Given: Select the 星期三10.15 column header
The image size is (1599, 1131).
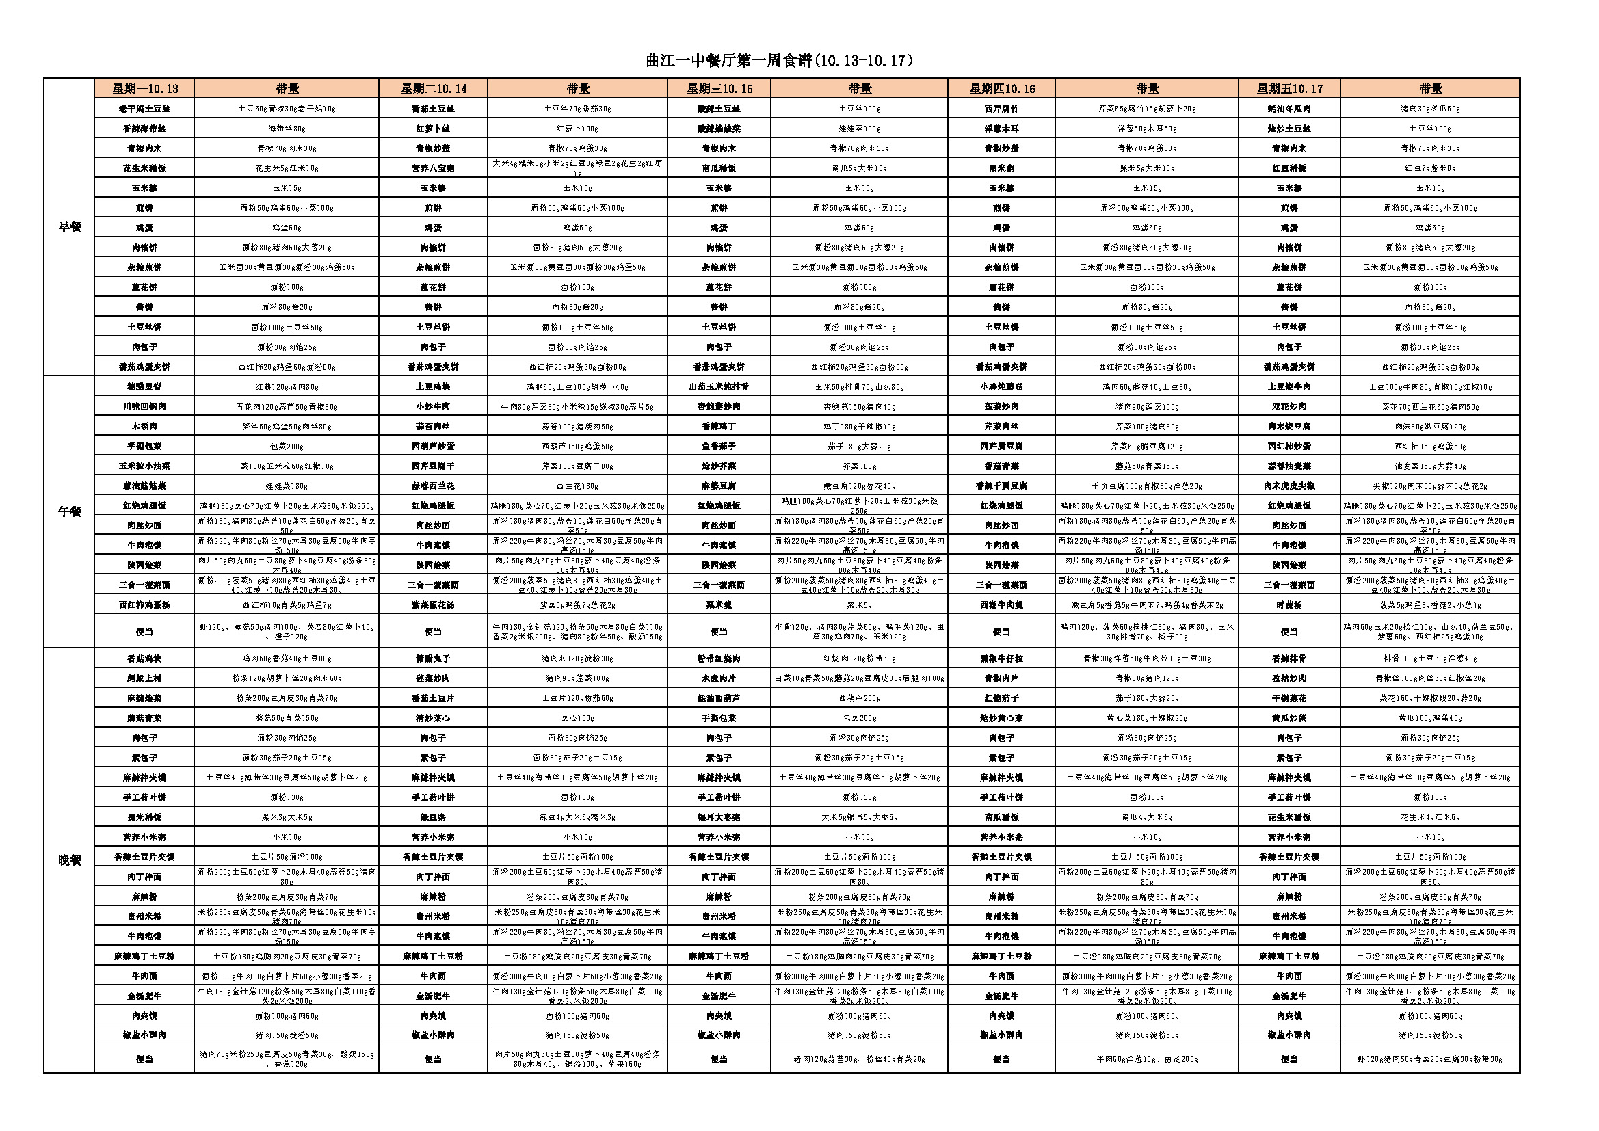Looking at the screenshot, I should point(719,88).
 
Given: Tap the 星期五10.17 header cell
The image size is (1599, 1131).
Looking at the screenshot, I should point(1289,88).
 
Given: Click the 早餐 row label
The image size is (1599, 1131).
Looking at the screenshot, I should point(69,227).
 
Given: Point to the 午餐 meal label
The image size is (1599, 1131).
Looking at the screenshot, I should point(69,511).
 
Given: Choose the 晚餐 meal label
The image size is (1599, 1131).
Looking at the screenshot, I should point(69,860).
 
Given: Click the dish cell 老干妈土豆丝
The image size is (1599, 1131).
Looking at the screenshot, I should point(144,109).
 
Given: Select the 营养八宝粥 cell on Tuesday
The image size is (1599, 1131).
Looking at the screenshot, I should point(432,168).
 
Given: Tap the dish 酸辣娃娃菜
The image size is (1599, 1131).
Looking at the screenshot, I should point(719,128).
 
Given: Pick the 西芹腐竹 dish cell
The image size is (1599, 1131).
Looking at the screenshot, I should point(1001,109).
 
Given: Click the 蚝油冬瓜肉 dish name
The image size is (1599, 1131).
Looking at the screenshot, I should point(1289,109).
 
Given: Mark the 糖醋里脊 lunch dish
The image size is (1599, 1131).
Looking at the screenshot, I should point(144,386).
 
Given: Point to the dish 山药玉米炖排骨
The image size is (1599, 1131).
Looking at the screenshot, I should point(719,386).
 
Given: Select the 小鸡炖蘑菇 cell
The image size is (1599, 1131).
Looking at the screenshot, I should point(1001,386).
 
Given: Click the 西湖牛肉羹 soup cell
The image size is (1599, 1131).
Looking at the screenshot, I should point(1001,604).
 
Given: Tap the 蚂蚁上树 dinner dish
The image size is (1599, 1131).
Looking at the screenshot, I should point(144,678).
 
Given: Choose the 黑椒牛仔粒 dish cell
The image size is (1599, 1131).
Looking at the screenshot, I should point(1001,658).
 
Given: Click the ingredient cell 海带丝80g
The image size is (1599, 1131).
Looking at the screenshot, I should point(287,128).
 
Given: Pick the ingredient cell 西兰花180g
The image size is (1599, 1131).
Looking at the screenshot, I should point(577,485).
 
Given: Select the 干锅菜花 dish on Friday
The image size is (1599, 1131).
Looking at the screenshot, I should point(1289,698).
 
